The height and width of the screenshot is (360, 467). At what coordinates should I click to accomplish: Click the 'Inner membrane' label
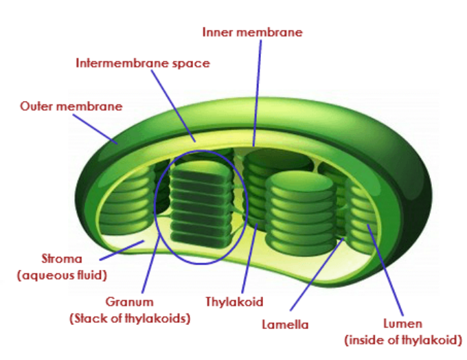pos(252,32)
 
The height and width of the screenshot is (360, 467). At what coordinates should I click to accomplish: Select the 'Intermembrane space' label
pos(143,63)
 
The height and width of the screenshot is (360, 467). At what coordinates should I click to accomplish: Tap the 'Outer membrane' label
pos(71,106)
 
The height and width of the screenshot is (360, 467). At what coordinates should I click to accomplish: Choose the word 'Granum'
pos(129,302)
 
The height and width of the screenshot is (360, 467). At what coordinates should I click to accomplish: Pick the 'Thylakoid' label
pos(234,302)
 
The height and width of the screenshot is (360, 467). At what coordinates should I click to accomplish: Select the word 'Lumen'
pos(403,323)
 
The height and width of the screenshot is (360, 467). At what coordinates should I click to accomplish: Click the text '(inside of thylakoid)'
pos(403,339)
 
